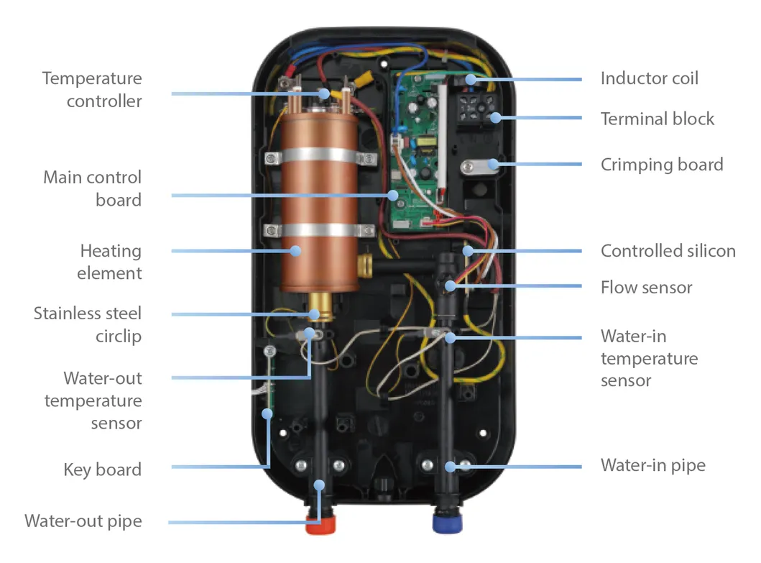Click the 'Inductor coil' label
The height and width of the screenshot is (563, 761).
(x=649, y=78)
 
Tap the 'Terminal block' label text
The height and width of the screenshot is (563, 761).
(x=658, y=119)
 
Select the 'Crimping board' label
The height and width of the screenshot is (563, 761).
(x=662, y=165)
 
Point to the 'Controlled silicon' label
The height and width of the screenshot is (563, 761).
(x=668, y=251)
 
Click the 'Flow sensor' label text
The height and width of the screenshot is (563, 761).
(x=646, y=288)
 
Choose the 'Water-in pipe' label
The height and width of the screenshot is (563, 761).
(x=652, y=465)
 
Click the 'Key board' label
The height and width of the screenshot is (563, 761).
(x=102, y=470)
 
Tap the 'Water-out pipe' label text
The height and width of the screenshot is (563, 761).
(x=83, y=521)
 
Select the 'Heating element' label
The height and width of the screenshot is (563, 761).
(x=111, y=262)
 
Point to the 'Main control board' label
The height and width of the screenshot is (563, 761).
(x=93, y=188)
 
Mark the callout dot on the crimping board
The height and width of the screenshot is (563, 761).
(x=492, y=164)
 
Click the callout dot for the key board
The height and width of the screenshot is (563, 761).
(x=267, y=413)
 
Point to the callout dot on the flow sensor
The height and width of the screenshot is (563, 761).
(x=451, y=286)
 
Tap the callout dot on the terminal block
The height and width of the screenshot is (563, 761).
(x=494, y=119)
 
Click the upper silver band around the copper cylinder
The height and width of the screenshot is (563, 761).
(x=318, y=156)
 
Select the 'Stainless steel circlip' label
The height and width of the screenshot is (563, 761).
(x=88, y=324)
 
